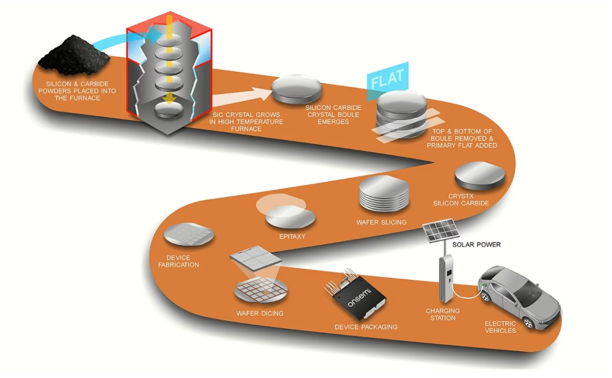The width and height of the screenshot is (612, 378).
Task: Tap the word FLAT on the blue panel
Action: pos(387,79)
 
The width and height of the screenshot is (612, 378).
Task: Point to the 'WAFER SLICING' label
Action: pos(381,222)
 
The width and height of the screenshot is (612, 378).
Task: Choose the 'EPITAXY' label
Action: pos(292,236)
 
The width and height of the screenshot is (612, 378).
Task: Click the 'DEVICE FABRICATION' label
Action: pos(178,261)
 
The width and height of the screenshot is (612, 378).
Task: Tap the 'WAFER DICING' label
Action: pos(260,313)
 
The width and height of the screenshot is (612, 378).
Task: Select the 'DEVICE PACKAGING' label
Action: pos(366,327)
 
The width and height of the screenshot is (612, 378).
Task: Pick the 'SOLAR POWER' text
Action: pos(477,245)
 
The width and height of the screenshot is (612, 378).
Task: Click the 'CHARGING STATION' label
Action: pos(442,314)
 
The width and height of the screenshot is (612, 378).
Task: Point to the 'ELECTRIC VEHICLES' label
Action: pos(500,327)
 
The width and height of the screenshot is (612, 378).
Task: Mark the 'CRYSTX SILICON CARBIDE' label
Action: pos(469,199)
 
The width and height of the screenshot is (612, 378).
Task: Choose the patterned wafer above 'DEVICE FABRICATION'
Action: pos(188,236)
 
